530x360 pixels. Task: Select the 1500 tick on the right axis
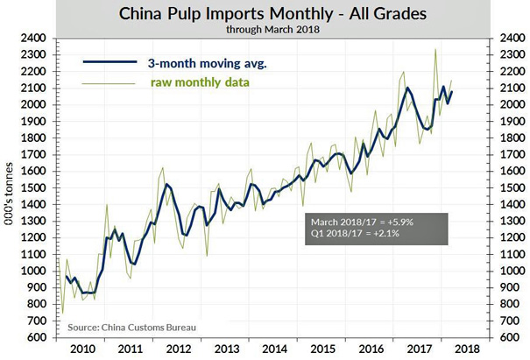click(x=511, y=188)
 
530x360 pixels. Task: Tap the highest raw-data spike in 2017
click(x=435, y=50)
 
